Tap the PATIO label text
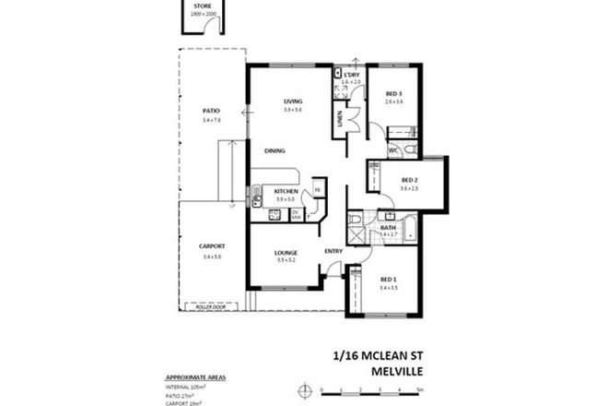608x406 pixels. (211, 112)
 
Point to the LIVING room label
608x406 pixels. (293, 101)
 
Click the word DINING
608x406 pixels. (275, 150)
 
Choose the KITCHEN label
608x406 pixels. (286, 191)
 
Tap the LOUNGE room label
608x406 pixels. (286, 253)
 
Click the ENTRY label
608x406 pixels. (333, 251)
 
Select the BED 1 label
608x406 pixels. (389, 279)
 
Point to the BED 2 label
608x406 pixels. (410, 180)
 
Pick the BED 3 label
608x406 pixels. (394, 94)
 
